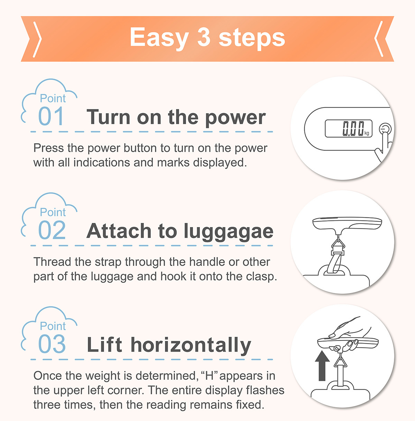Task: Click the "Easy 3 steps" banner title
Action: [207, 38]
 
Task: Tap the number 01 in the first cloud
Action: [51, 116]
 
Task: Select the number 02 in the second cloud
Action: [52, 230]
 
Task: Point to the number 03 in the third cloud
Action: [52, 344]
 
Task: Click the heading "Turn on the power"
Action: [176, 118]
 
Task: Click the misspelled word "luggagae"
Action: [229, 232]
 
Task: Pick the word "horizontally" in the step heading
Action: [191, 345]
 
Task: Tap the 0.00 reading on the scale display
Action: [353, 129]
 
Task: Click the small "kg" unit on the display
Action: [367, 133]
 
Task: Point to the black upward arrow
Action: [322, 369]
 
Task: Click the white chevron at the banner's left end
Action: [38, 40]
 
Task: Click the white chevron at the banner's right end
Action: [379, 39]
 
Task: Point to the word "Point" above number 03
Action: [53, 326]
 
